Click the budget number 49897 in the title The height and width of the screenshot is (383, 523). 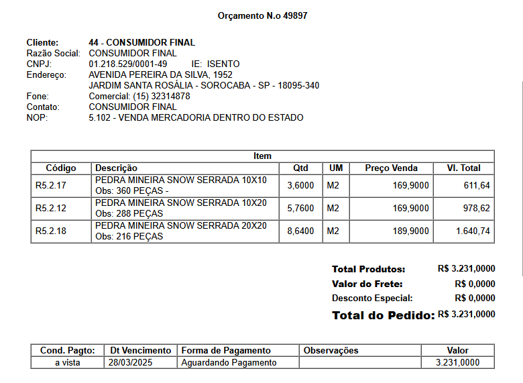(295, 15)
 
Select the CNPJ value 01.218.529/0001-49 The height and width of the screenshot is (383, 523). (128, 64)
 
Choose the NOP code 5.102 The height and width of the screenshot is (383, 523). (101, 117)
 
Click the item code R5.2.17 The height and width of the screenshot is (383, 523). (51, 186)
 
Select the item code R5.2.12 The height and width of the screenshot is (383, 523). (51, 209)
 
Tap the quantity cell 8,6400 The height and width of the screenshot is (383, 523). (300, 231)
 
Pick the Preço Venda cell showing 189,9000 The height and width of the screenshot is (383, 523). (410, 231)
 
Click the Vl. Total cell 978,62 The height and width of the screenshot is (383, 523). (477, 209)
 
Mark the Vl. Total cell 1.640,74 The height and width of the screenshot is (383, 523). (473, 231)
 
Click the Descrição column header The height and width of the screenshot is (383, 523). (116, 168)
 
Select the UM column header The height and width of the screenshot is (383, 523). (336, 168)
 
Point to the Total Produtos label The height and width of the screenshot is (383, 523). (368, 269)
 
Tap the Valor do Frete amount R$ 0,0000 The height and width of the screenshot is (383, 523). (475, 284)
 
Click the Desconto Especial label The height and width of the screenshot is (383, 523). (372, 298)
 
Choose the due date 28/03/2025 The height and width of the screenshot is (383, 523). (131, 362)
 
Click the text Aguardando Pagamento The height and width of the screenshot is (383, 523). (229, 362)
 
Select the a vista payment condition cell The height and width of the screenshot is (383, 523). (67, 362)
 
